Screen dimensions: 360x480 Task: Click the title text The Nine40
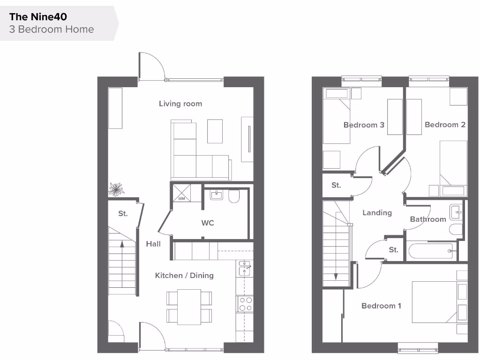[38, 17]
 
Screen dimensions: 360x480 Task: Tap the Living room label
[180, 104]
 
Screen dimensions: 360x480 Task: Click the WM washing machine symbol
[181, 192]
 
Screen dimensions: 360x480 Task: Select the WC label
[208, 223]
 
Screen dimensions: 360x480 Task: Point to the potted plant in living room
[116, 189]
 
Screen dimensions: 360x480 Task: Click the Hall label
[153, 244]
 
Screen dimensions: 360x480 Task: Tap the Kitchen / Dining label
[184, 276]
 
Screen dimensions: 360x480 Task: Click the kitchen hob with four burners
[245, 304]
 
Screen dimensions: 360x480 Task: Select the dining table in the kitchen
[189, 306]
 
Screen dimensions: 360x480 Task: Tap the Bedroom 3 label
[364, 125]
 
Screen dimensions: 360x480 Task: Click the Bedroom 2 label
[445, 125]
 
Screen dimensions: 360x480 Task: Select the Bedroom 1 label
[381, 306]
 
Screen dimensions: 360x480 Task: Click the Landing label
[377, 213]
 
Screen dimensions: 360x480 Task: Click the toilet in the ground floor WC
[234, 197]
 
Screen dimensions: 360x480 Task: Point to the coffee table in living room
[215, 131]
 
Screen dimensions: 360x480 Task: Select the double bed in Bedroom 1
[434, 302]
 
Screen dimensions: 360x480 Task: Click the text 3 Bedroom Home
[52, 29]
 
